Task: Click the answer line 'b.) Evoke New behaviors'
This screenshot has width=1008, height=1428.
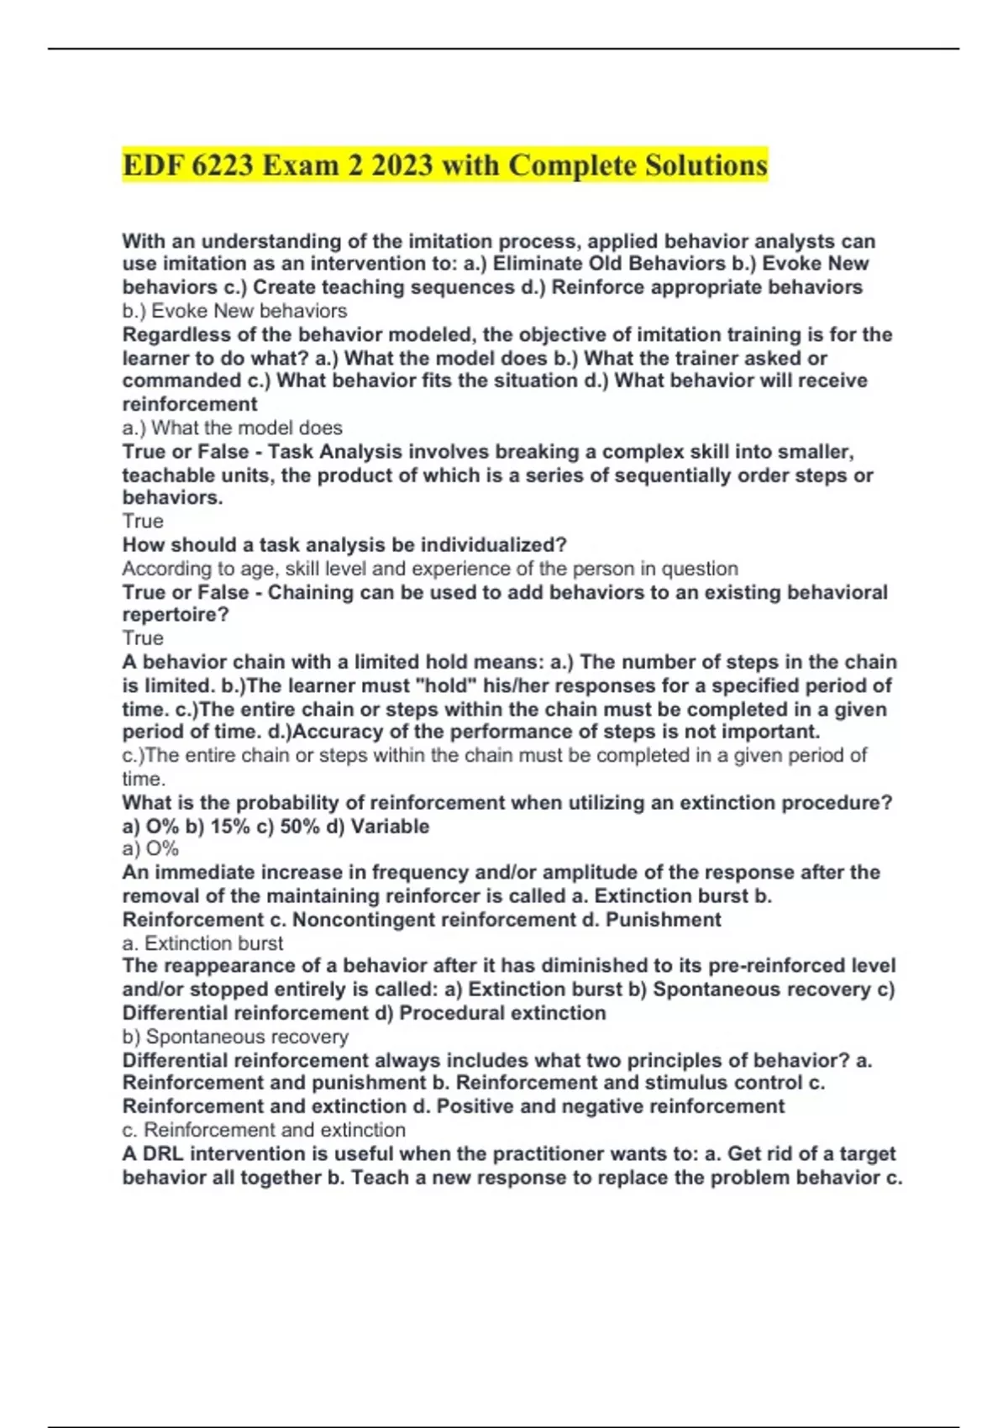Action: click(234, 311)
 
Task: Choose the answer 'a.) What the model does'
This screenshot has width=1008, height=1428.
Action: click(232, 428)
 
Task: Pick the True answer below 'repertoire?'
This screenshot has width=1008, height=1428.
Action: click(143, 638)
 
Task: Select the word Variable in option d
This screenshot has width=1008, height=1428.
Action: click(390, 827)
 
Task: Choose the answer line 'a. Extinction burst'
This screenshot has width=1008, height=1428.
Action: click(202, 943)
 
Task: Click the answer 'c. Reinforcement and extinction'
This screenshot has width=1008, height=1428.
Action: click(264, 1130)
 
